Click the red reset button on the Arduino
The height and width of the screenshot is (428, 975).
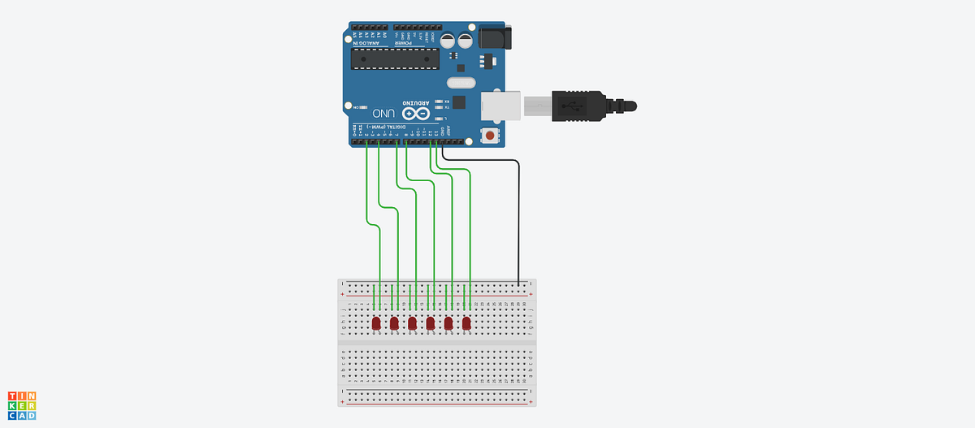pos(490,133)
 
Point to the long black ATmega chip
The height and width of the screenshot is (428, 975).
pos(394,58)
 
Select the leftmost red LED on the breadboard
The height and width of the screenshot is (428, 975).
pos(376,324)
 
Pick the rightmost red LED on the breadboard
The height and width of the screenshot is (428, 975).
pos(466,324)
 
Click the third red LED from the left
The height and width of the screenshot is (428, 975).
pos(412,324)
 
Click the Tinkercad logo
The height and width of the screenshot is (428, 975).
pos(22,405)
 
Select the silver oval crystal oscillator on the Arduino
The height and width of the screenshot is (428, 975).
pos(460,82)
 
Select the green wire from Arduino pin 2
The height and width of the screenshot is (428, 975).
pos(367,187)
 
